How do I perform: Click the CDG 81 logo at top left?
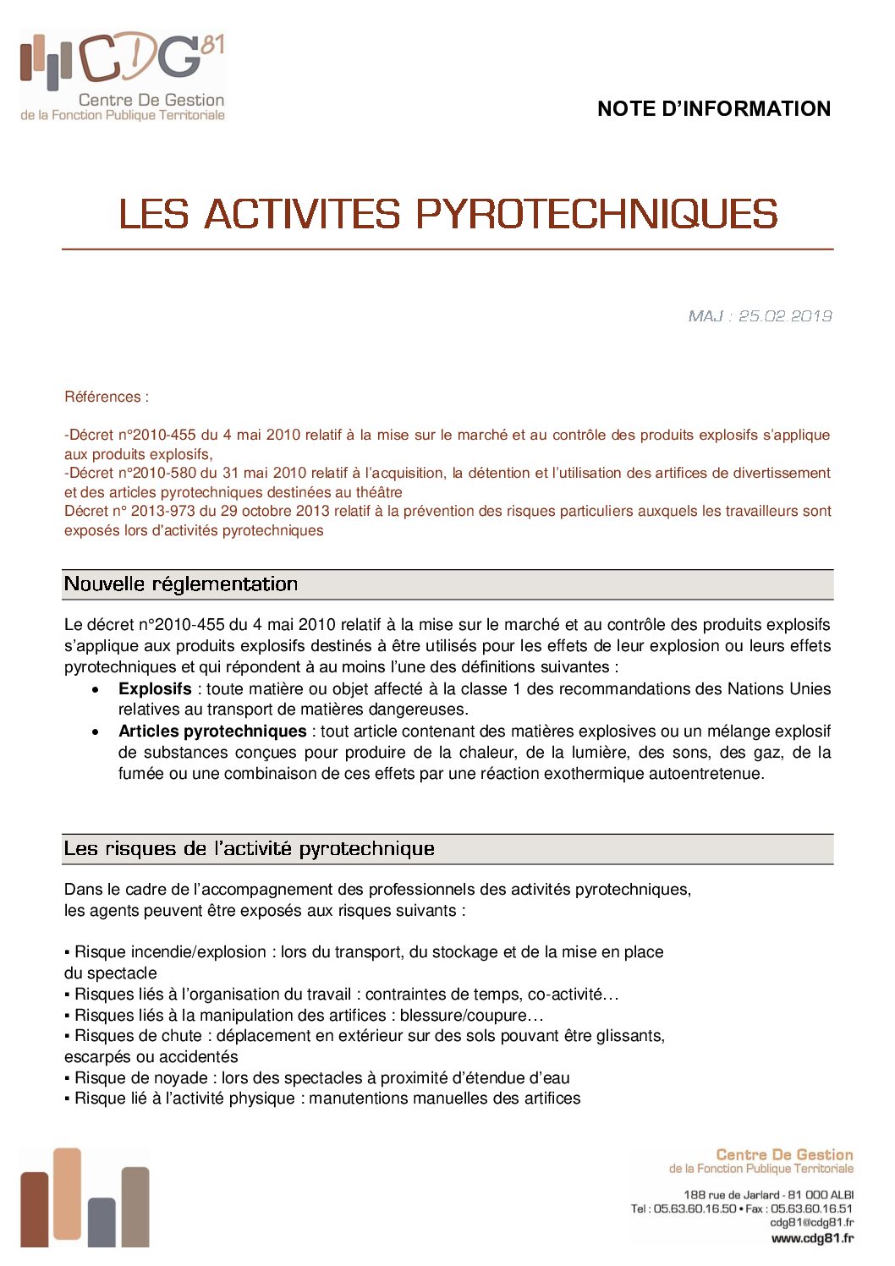click(123, 76)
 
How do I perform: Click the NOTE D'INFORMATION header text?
click(713, 109)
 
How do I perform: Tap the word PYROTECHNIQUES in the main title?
click(596, 214)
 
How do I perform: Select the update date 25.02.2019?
click(785, 316)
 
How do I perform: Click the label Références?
click(106, 397)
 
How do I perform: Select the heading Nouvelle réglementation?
click(181, 584)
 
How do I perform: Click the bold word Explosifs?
click(155, 689)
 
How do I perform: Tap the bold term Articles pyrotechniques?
click(212, 732)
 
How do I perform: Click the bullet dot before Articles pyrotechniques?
click(96, 732)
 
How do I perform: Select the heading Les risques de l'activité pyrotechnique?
click(249, 849)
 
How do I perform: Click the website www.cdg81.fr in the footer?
click(812, 1238)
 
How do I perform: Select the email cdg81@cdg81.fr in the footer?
click(811, 1223)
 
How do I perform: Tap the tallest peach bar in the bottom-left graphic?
click(67, 1192)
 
